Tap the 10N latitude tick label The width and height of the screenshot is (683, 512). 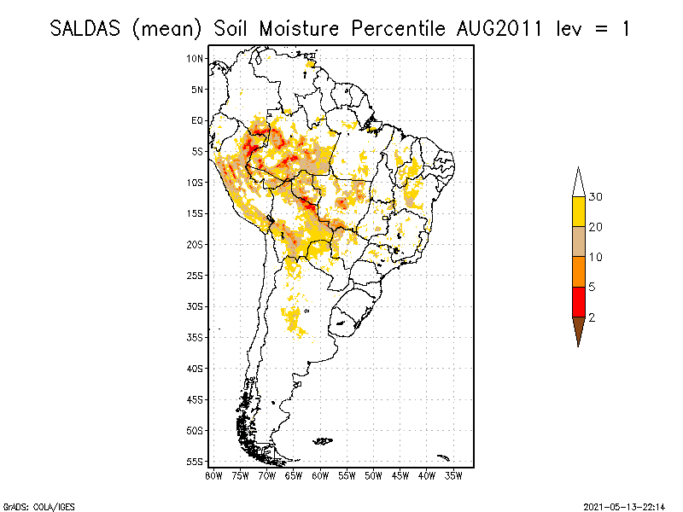196,58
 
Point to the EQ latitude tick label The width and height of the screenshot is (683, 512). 197,120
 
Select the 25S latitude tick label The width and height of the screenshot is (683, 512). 196,275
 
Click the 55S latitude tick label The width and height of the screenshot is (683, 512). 196,461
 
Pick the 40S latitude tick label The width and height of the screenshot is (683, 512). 196,368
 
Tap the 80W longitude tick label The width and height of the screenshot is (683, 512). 213,475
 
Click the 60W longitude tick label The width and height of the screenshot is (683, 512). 320,475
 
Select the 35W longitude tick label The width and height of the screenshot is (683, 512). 453,475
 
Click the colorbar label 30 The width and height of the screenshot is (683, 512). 596,197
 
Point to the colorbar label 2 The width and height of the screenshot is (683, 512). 592,317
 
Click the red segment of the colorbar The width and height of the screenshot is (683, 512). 579,301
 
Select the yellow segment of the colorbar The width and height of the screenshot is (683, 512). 579,212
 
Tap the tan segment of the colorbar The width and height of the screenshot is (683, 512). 579,241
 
